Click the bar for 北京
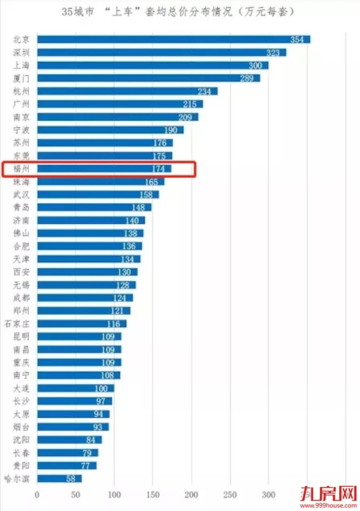[x=173, y=39]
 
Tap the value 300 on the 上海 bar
[x=255, y=65]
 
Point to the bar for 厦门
[x=149, y=78]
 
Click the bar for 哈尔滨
[x=59, y=479]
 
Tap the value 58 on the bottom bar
[x=72, y=479]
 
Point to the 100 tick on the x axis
[x=114, y=494]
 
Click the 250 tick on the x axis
[x=230, y=494]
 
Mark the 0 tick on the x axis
[x=37, y=494]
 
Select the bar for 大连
[x=75, y=388]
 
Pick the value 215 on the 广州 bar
[x=190, y=104]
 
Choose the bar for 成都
[x=85, y=298]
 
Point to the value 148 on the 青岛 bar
[x=138, y=207]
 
